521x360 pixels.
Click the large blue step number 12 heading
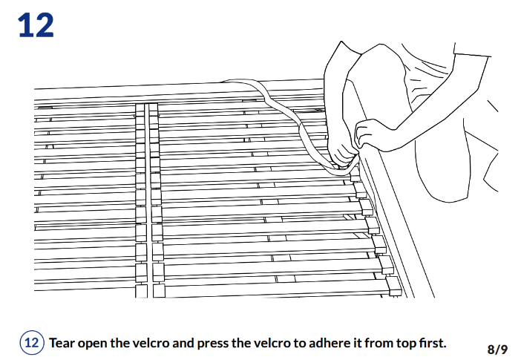point(36,25)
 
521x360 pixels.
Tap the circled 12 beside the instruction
point(32,343)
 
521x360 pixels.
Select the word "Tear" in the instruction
point(64,343)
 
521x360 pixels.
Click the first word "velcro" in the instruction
point(152,343)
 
